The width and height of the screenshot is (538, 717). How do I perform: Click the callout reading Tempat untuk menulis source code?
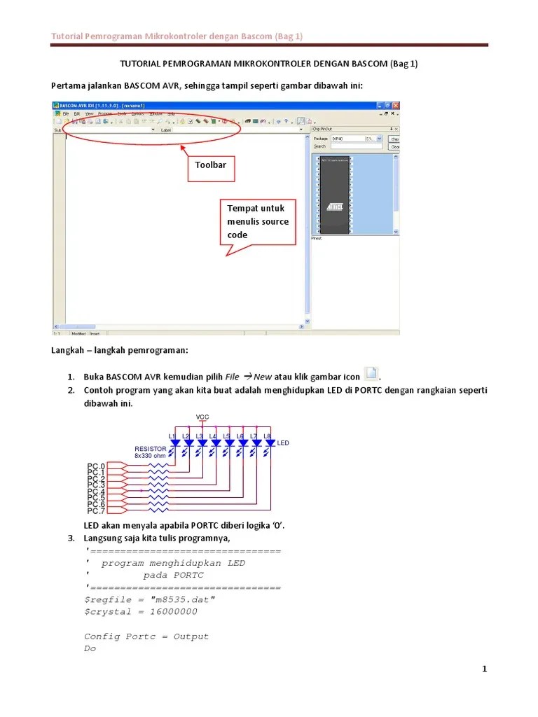tap(258, 222)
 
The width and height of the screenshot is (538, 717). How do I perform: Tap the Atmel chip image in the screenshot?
tap(335, 194)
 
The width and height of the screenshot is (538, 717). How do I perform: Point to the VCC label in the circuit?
tap(202, 417)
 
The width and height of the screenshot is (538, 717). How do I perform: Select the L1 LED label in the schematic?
tap(173, 436)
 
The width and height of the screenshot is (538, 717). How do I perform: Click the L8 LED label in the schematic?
tap(267, 436)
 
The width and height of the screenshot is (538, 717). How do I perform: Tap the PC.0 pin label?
tap(96, 466)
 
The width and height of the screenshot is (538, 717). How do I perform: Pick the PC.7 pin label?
tap(96, 510)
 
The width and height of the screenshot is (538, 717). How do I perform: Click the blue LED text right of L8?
tap(283, 443)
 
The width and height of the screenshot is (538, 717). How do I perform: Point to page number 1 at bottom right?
tap(484, 669)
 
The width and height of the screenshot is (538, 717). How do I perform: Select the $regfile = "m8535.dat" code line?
tap(149, 600)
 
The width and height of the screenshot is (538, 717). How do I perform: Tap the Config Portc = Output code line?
tap(146, 636)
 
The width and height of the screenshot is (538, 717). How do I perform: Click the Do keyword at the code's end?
tap(90, 648)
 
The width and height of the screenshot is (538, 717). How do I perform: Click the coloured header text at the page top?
tap(177, 36)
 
